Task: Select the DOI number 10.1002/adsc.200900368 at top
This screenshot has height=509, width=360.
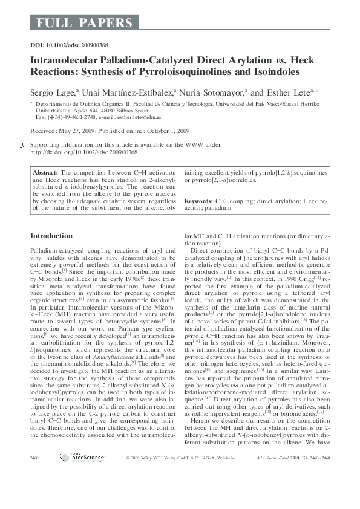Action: coord(77,46)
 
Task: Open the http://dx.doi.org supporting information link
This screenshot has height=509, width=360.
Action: coord(85,152)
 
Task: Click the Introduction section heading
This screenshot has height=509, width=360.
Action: coord(51,236)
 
